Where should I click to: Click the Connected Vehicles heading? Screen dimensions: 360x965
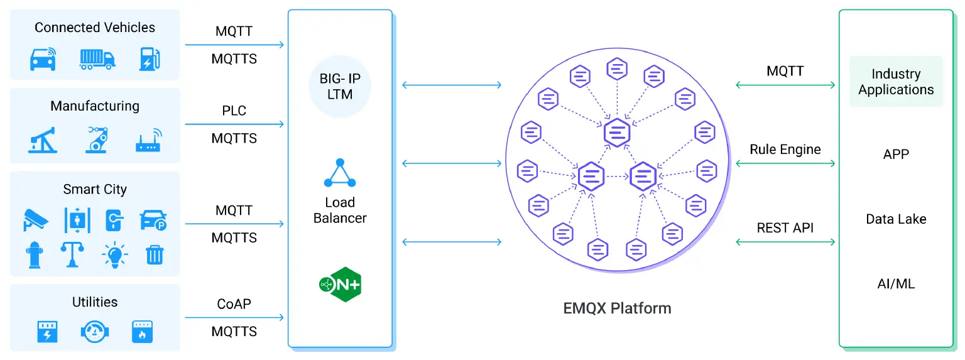[x=95, y=28]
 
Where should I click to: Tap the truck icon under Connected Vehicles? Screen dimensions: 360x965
[x=97, y=59]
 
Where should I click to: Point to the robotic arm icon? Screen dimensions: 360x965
[x=97, y=139]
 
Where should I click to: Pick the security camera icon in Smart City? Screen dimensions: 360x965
[x=36, y=219]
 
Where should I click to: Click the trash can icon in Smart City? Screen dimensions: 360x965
[x=154, y=254]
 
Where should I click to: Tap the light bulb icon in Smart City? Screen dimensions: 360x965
[x=114, y=255]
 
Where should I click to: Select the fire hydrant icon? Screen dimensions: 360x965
[x=35, y=255]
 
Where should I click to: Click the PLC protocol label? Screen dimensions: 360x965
[x=234, y=111]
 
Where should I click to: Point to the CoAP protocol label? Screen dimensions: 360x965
[x=234, y=304]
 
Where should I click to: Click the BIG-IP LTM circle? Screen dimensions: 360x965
[x=340, y=87]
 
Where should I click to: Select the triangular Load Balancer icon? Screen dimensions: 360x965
[x=340, y=173]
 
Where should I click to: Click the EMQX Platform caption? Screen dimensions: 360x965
[x=617, y=308]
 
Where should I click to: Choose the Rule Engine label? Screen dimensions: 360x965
[x=785, y=150]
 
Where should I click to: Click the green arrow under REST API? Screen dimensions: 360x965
[x=785, y=242]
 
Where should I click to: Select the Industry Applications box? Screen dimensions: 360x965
[x=896, y=82]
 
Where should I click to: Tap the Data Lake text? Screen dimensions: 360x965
[x=896, y=219]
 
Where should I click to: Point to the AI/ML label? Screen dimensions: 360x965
[x=896, y=284]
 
